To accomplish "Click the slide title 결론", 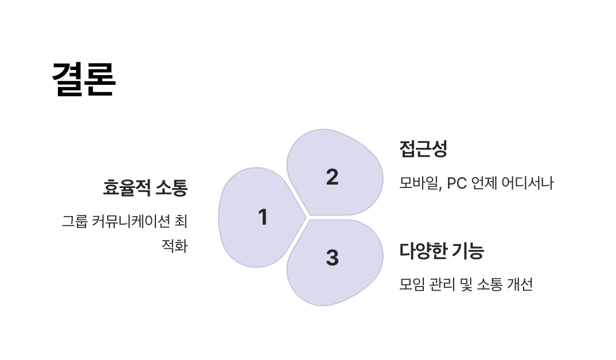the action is [84, 79].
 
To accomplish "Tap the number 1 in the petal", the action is [263, 217].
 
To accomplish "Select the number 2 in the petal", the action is [332, 177].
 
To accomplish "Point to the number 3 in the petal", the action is [332, 257].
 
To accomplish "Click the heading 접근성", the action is [423, 149].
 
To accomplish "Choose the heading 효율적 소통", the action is [145, 187].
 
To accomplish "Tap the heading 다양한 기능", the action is [442, 251].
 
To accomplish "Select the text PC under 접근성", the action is [457, 183].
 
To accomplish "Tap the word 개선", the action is [520, 284].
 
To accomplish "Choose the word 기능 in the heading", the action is [468, 251].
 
